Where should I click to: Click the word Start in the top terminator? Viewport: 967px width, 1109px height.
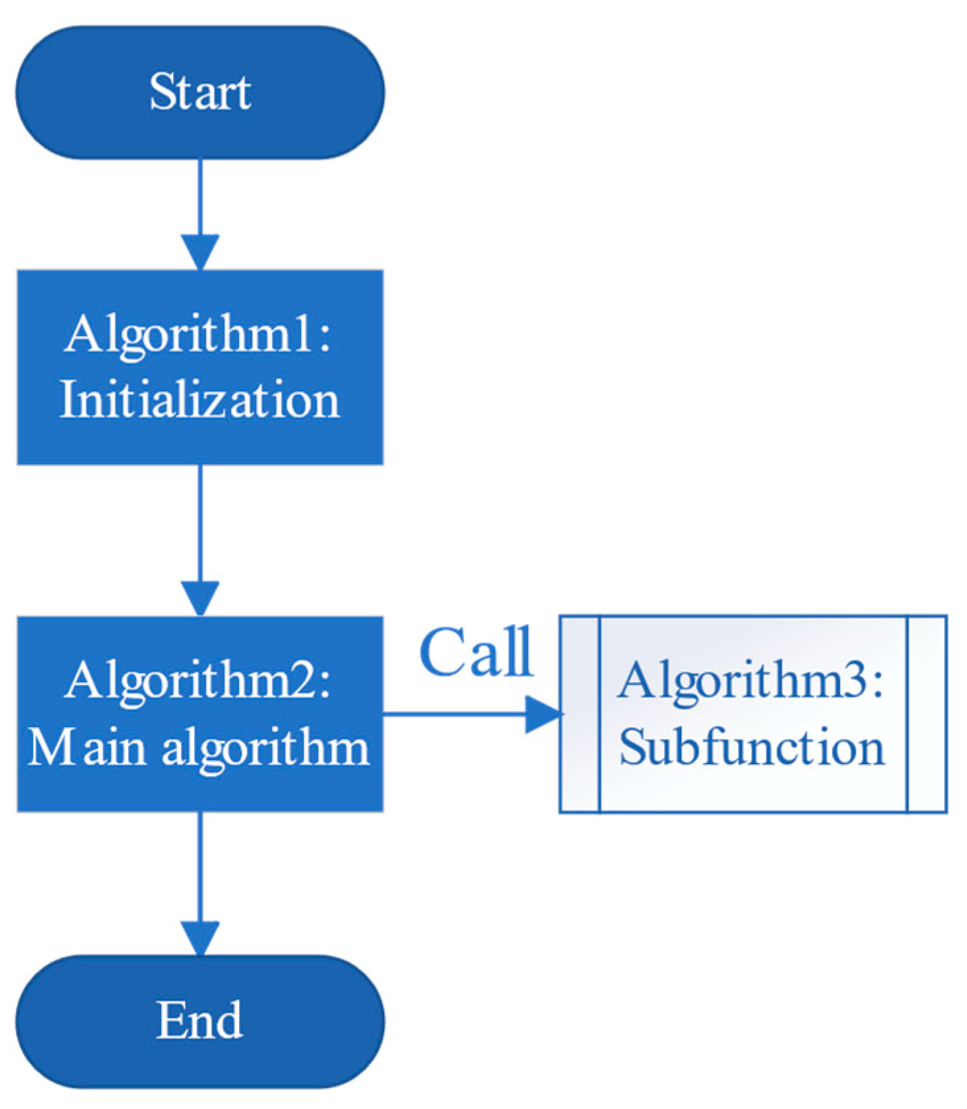coord(199,92)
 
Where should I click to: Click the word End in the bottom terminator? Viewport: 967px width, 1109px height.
coord(199,1020)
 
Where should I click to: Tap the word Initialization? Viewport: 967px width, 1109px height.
coord(199,400)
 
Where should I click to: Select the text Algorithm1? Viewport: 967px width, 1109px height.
coord(197,334)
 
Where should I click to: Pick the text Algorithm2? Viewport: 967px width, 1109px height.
coord(197,681)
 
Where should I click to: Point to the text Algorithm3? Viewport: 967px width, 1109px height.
coord(750,681)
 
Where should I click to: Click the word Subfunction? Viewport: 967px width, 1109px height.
coord(751,748)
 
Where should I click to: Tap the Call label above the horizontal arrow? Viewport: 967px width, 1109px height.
coord(476,653)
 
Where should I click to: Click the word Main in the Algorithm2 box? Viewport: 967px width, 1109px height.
coord(86,748)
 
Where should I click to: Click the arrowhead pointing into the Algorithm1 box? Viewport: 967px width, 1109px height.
coord(200,252)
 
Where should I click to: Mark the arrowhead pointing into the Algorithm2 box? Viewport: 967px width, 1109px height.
coord(200,598)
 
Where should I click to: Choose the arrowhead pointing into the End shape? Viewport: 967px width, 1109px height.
coord(200,938)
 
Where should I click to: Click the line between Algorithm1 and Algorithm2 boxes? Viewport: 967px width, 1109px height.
coord(200,522)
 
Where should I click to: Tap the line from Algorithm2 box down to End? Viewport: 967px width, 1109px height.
coord(200,865)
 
